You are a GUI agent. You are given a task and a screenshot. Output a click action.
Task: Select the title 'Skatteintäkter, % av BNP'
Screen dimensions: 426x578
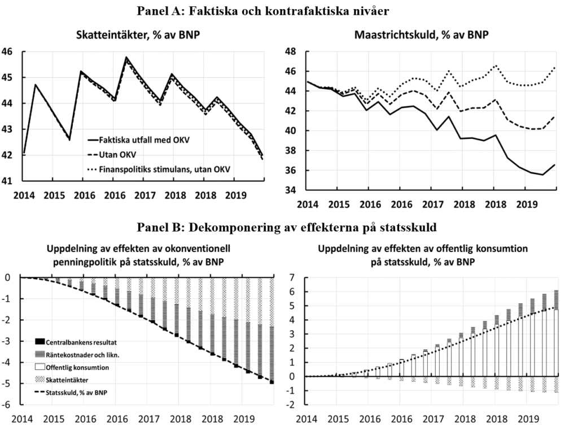click(x=138, y=34)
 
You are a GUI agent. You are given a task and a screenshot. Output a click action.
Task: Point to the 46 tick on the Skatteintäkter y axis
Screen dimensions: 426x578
click(x=8, y=51)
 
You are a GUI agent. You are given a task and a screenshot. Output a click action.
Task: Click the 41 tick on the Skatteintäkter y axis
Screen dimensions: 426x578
click(x=8, y=181)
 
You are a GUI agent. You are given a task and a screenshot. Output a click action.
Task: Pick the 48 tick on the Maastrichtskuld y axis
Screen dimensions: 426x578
click(x=292, y=51)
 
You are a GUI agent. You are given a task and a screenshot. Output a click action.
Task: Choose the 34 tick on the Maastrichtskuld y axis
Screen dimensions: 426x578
click(x=292, y=190)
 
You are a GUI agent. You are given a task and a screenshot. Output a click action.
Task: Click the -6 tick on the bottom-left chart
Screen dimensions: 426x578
click(x=8, y=405)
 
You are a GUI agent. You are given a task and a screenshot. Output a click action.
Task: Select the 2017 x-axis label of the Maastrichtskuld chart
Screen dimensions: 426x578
click(x=434, y=204)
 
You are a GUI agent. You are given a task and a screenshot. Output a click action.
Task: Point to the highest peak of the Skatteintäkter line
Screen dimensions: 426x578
click(x=126, y=58)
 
